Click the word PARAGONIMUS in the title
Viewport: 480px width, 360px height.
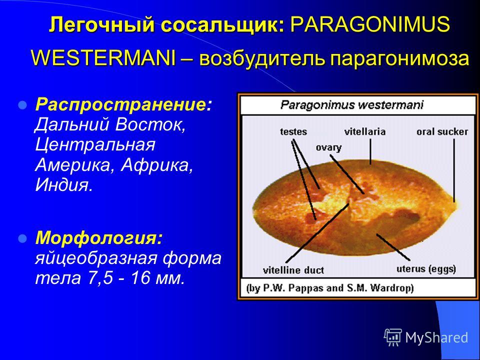pos(370,24)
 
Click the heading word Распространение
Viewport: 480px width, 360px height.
pos(120,105)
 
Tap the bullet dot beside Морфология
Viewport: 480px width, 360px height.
pos(23,238)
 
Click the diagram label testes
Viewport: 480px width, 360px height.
pos(293,132)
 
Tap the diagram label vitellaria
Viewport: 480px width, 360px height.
pos(364,131)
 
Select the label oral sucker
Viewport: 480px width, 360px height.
pos(442,131)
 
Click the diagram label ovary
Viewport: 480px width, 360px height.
pos(329,148)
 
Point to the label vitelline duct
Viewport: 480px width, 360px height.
pos(293,270)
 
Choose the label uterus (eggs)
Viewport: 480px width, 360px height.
pos(426,269)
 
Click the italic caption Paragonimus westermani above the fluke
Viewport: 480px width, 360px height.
pos(351,105)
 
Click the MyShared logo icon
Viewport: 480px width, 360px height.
pos(393,337)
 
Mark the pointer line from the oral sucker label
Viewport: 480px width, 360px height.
pos(454,170)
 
